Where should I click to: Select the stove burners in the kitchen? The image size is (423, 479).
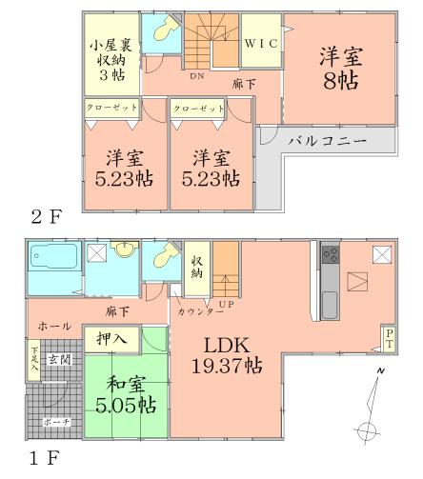pos(332,255)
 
